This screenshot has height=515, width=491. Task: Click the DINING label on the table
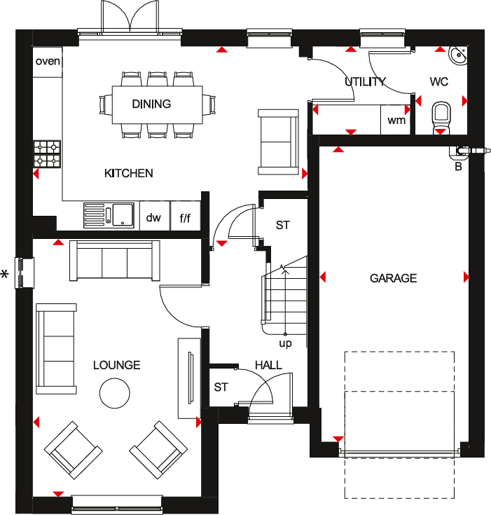pyautogui.click(x=151, y=104)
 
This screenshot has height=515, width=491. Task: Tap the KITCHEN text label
pyautogui.click(x=129, y=173)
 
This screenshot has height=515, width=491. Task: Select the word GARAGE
pyautogui.click(x=393, y=278)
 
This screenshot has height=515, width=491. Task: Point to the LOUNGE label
pyautogui.click(x=117, y=365)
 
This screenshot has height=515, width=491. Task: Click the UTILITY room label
pyautogui.click(x=365, y=82)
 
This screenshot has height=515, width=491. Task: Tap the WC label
pyautogui.click(x=439, y=82)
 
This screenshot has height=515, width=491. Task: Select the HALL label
pyautogui.click(x=268, y=365)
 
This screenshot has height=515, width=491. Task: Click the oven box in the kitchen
pyautogui.click(x=48, y=61)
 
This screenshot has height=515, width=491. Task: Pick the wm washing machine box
pyautogui.click(x=396, y=120)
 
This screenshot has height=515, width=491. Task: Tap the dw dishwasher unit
pyautogui.click(x=153, y=218)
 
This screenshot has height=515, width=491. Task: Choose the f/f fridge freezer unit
pyautogui.click(x=186, y=218)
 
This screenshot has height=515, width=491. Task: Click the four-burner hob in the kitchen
pyautogui.click(x=47, y=154)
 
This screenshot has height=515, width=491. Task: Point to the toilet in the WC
pyautogui.click(x=441, y=114)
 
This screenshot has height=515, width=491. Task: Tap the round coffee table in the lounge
pyautogui.click(x=114, y=392)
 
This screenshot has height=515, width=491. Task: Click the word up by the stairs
pyautogui.click(x=285, y=344)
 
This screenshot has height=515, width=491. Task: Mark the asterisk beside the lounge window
pyautogui.click(x=5, y=275)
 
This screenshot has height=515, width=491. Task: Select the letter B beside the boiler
pyautogui.click(x=459, y=166)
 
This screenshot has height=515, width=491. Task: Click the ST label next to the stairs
pyautogui.click(x=282, y=225)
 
